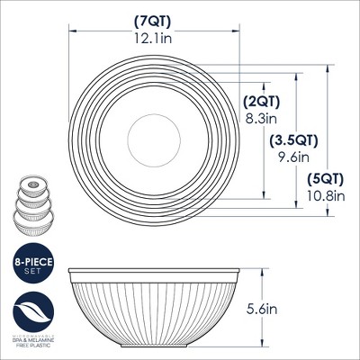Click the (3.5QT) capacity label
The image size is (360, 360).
point(292,140)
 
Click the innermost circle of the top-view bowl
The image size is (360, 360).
point(146,139)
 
